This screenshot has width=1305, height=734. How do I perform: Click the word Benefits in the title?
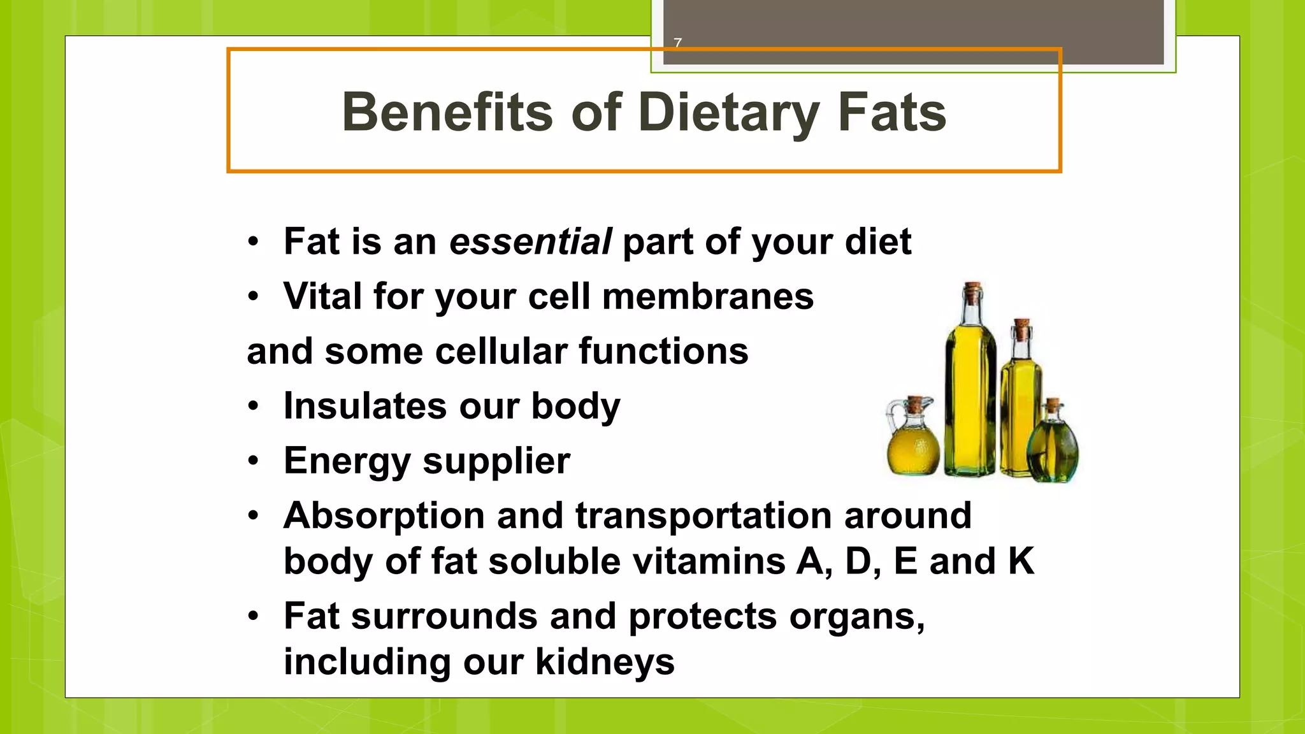[x=447, y=112]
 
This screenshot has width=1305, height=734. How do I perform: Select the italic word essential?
[x=530, y=241]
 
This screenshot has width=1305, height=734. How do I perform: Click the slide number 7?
[x=677, y=43]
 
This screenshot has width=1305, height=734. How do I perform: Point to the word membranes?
[x=707, y=296]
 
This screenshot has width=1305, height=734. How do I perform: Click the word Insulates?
[x=365, y=406]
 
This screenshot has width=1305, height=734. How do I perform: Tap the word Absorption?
[x=384, y=515]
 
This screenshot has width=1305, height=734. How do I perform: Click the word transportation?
[x=703, y=515]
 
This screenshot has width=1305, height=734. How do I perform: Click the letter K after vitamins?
[x=1021, y=561]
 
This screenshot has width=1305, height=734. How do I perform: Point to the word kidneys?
[x=605, y=662]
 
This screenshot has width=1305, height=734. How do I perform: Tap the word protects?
[x=702, y=617]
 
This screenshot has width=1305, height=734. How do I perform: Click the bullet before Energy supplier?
[x=254, y=461]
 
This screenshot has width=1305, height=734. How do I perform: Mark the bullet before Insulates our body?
[x=254, y=406]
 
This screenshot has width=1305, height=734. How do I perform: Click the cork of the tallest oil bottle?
[x=972, y=294]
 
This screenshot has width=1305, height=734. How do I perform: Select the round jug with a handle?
[x=912, y=443]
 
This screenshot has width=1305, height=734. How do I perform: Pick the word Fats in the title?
[x=891, y=112]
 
